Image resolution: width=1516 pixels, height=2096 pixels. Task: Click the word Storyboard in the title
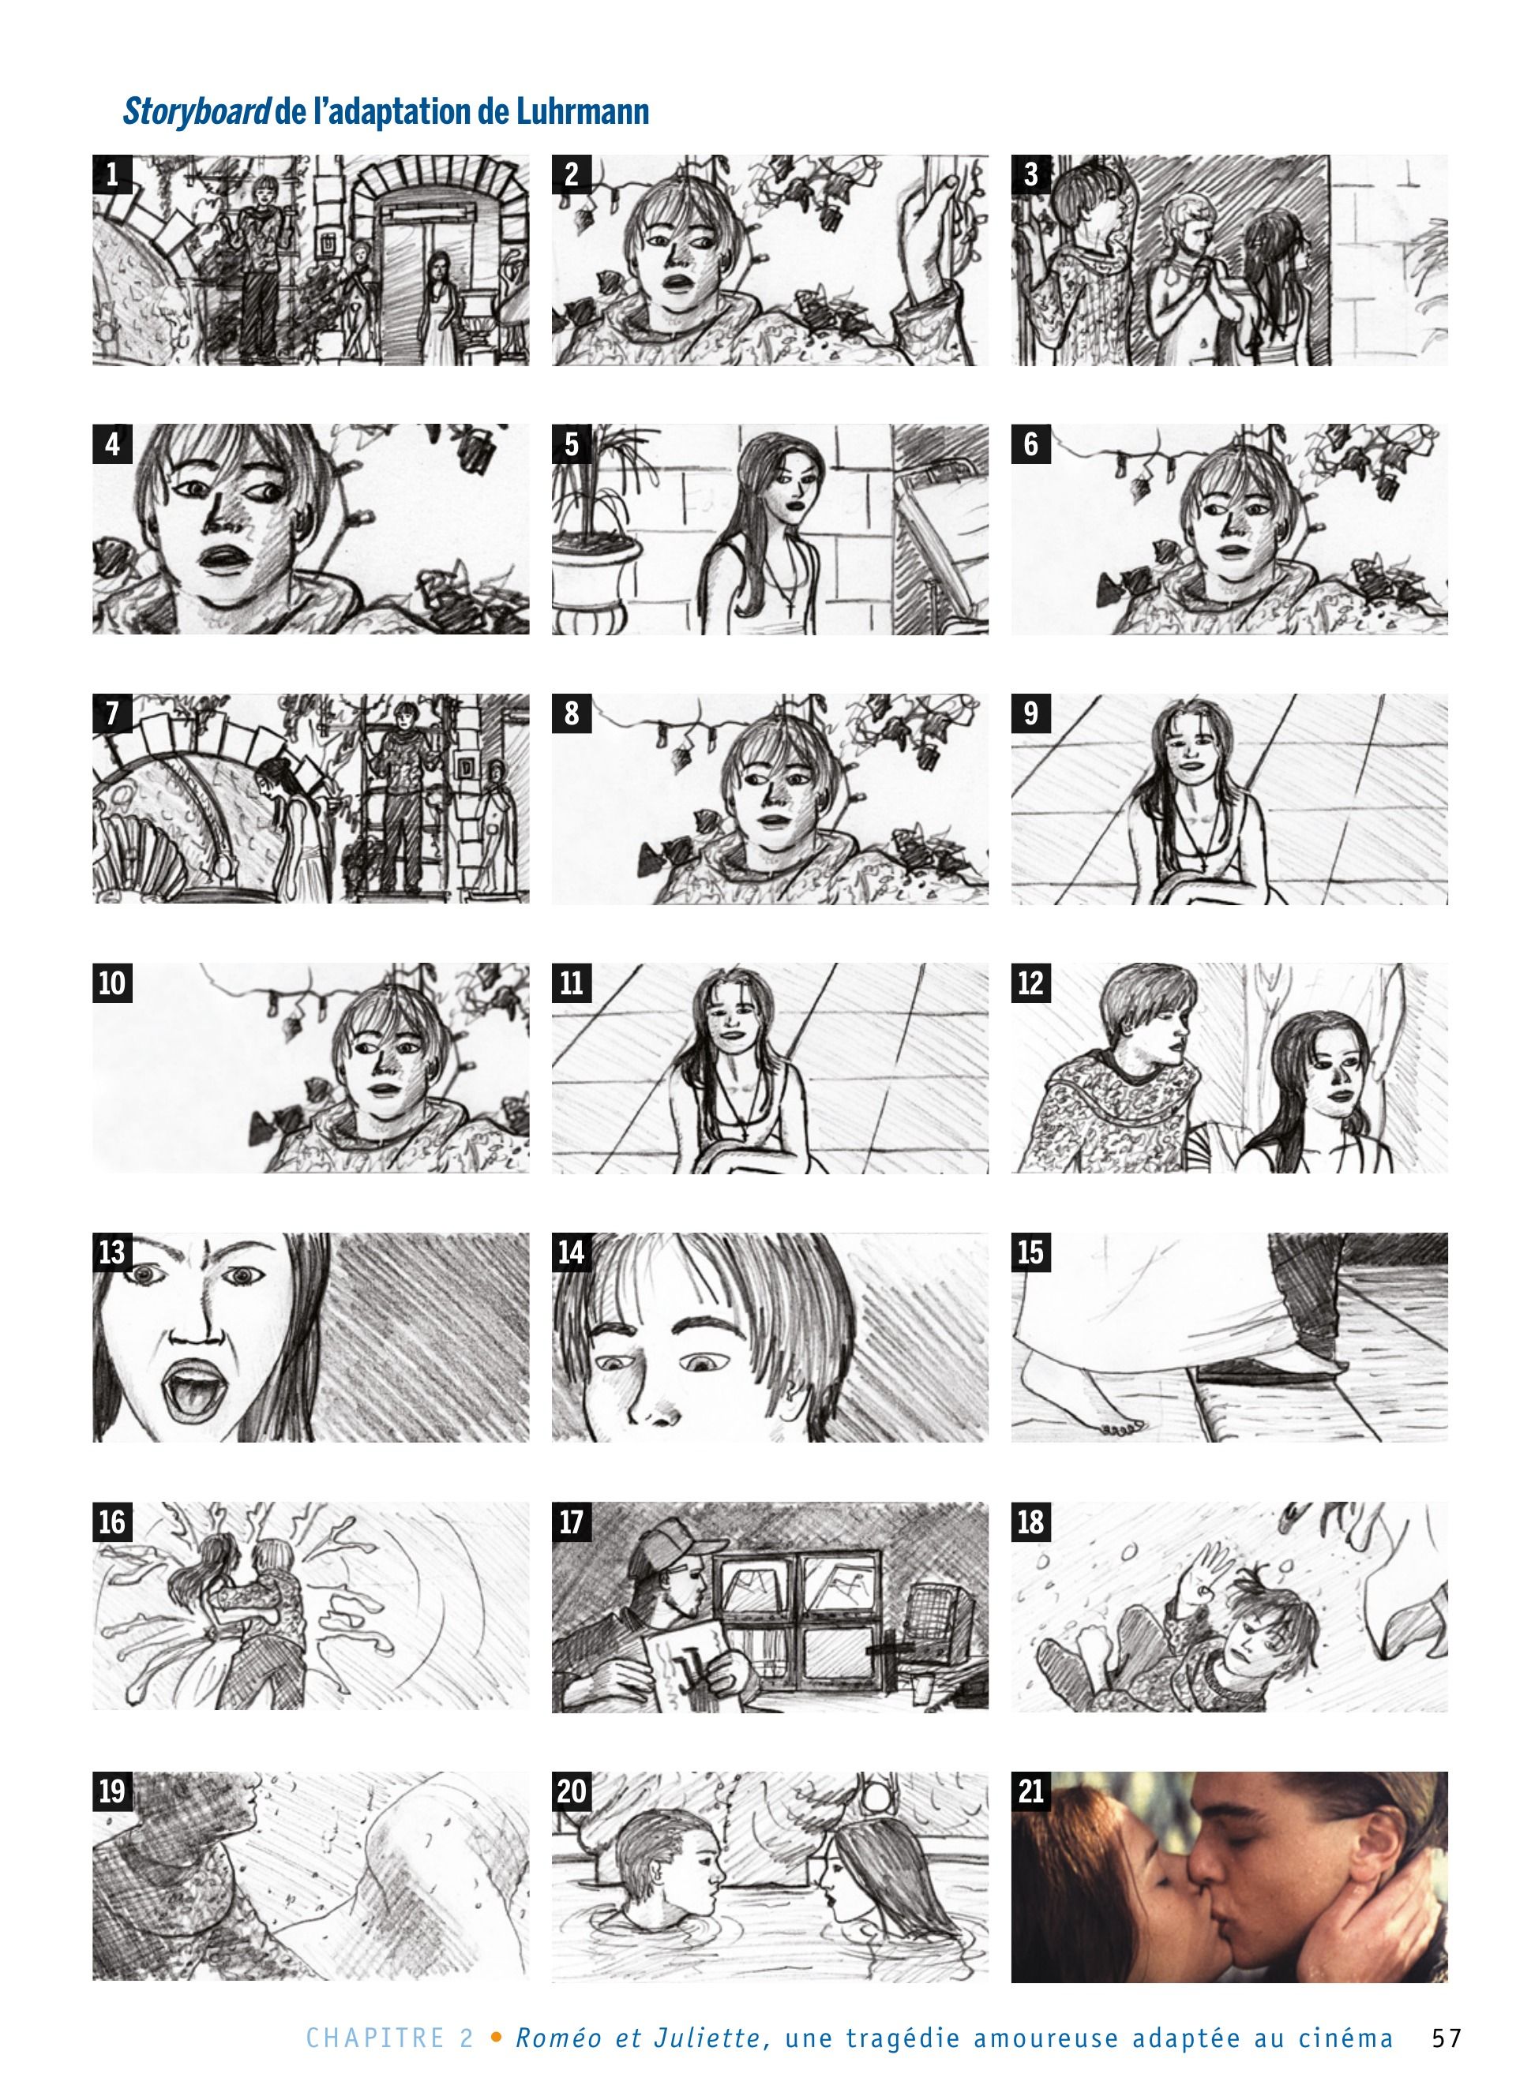pyautogui.click(x=197, y=111)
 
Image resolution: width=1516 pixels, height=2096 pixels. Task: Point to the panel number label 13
pyautogui.click(x=112, y=1252)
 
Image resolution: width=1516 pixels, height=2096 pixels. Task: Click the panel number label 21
pyautogui.click(x=1030, y=1792)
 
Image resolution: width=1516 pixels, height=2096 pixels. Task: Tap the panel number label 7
pyautogui.click(x=112, y=713)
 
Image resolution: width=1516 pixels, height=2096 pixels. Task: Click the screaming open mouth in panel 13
pyautogui.click(x=190, y=1388)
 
